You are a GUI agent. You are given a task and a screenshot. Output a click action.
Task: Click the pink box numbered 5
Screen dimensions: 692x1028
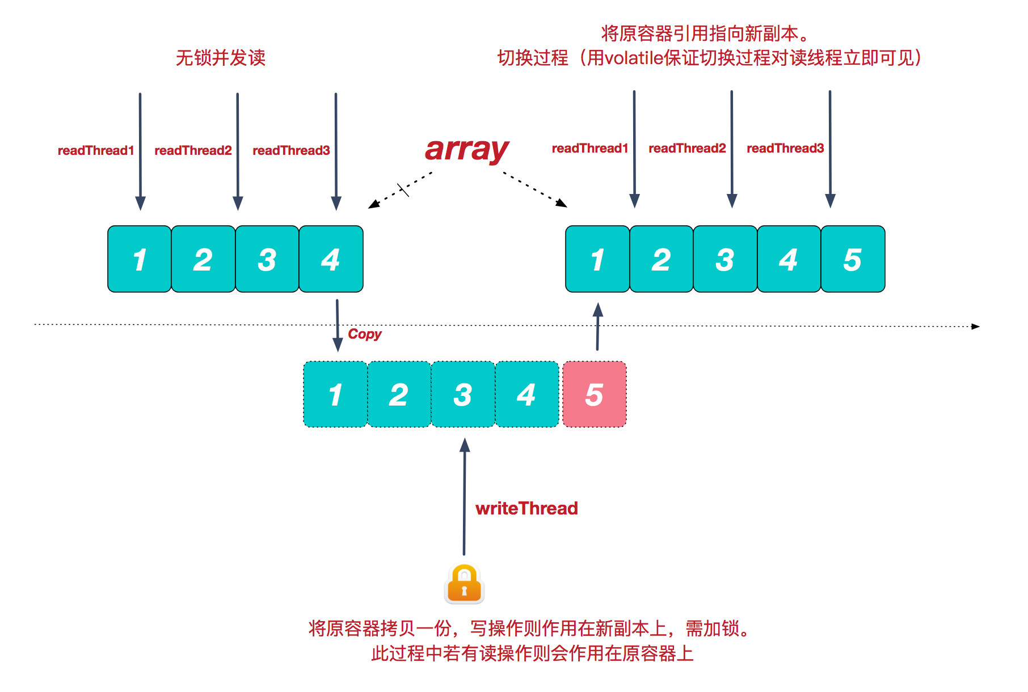594,394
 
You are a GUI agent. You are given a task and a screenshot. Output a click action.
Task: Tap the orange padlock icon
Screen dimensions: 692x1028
464,584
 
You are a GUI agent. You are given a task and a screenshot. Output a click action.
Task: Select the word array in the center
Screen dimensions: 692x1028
466,150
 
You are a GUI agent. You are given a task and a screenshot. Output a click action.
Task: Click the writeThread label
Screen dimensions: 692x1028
526,508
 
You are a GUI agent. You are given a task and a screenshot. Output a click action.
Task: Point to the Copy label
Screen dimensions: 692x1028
364,334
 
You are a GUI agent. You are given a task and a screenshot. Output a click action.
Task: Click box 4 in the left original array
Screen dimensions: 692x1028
331,259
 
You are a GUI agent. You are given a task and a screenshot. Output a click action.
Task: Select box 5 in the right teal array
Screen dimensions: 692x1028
852,259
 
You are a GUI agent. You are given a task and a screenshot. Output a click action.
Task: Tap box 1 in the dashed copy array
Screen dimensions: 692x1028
335,394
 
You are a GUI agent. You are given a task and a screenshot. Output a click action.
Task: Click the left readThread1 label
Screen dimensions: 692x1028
96,150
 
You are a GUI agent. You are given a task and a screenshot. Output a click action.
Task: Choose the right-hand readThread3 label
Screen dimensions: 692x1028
785,148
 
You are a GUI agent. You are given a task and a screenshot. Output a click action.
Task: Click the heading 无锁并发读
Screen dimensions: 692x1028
221,58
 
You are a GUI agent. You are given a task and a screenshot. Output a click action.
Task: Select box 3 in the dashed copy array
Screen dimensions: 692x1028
463,394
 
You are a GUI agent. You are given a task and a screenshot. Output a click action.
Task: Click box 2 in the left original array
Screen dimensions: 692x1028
203,259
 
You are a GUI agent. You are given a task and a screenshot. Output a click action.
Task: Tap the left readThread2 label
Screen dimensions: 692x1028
193,150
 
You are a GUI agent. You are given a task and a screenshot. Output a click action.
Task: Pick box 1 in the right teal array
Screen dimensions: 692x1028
597,259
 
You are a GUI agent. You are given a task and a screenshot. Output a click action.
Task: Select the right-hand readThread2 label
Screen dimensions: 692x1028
687,148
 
